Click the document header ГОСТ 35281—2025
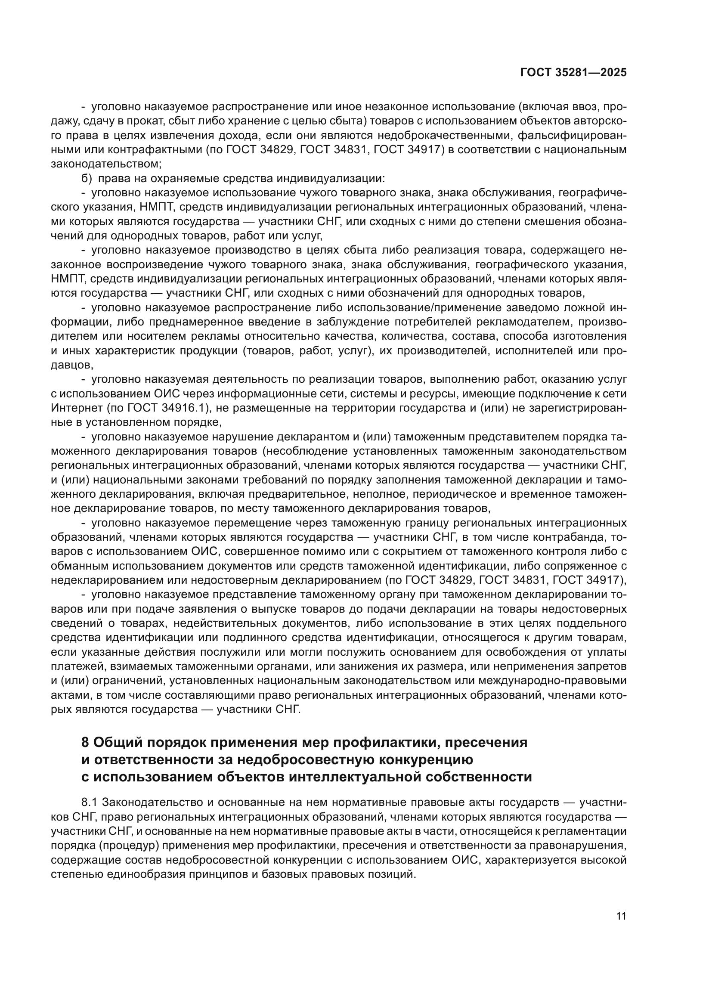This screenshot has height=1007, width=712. click(573, 73)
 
